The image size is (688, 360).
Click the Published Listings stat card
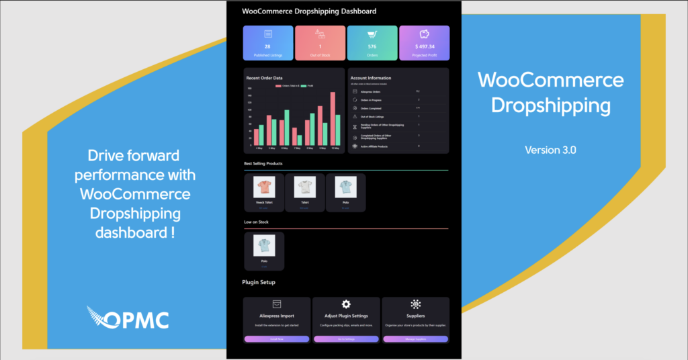click(x=267, y=43)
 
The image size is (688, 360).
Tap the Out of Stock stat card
click(x=320, y=43)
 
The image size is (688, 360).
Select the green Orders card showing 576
click(x=372, y=43)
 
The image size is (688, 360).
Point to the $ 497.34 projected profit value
click(x=424, y=46)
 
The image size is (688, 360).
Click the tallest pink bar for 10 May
click(x=333, y=120)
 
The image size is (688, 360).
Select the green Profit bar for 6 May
click(x=286, y=128)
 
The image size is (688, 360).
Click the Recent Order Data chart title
click(x=264, y=78)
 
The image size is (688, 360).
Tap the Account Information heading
click(x=370, y=78)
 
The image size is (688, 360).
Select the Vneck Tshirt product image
click(x=264, y=187)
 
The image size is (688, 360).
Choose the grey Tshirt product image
click(x=305, y=187)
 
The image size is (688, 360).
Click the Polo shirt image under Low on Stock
click(x=264, y=244)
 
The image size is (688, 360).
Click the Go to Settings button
click(x=346, y=339)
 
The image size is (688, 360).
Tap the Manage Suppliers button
click(x=415, y=339)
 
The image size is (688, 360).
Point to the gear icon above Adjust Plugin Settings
click(x=346, y=304)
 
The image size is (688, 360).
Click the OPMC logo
click(x=128, y=318)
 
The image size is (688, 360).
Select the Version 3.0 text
click(x=550, y=150)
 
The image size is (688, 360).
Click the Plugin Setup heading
click(x=259, y=282)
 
